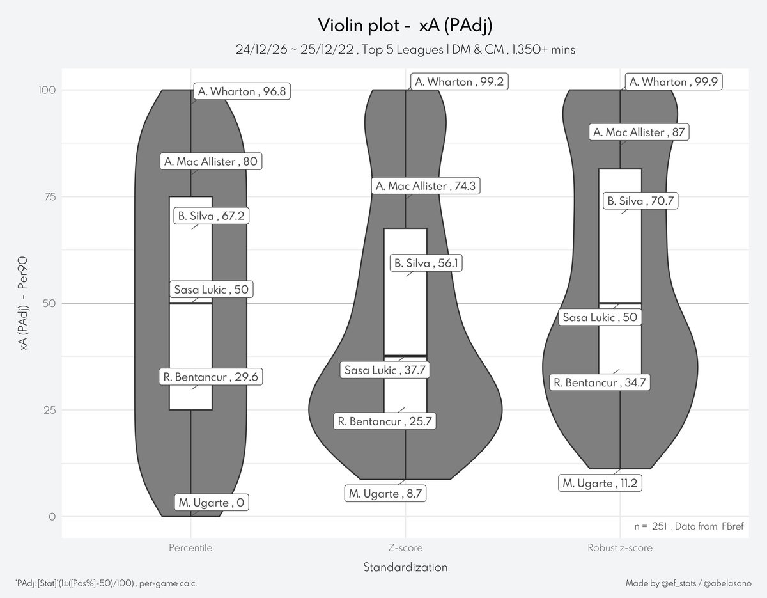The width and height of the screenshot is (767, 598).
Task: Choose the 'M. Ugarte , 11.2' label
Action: pyautogui.click(x=599, y=483)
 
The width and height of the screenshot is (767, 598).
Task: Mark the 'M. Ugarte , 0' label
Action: pyautogui.click(x=211, y=503)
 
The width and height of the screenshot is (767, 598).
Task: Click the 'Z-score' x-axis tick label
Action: pyautogui.click(x=406, y=548)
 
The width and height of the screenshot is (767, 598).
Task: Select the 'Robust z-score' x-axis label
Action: pyautogui.click(x=620, y=548)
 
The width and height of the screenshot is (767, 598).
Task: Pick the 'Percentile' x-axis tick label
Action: pyautogui.click(x=190, y=548)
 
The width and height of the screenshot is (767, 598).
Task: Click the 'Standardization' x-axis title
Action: pyautogui.click(x=405, y=567)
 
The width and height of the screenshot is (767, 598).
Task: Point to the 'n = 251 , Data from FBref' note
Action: pyautogui.click(x=688, y=526)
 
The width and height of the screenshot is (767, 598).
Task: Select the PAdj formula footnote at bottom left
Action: pyautogui.click(x=105, y=583)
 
